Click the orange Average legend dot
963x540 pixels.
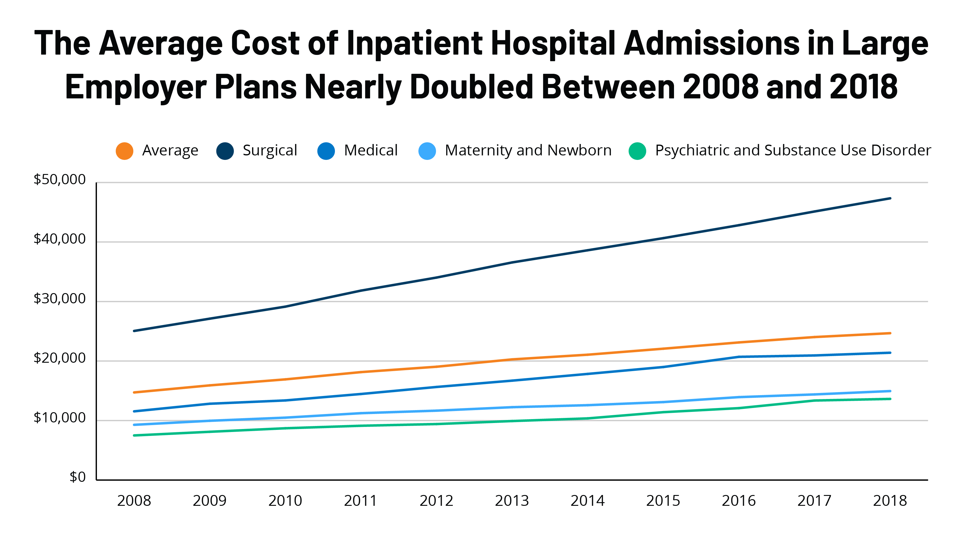125,151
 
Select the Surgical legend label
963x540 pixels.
269,150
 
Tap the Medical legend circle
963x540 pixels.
326,151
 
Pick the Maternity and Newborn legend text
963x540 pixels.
528,150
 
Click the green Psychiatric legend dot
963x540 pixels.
637,151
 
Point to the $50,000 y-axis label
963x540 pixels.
59,179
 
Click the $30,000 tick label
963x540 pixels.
59,298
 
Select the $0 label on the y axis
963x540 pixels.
77,477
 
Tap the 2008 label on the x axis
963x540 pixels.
134,501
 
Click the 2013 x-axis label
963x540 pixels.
512,501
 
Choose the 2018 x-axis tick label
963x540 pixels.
890,501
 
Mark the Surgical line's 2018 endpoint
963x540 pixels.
890,198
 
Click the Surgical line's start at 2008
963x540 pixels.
134,331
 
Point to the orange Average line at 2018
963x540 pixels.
890,333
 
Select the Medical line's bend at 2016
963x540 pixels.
739,357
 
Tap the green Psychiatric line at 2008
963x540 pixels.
134,435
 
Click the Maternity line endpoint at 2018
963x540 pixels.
890,391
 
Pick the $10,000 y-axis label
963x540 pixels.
59,418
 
